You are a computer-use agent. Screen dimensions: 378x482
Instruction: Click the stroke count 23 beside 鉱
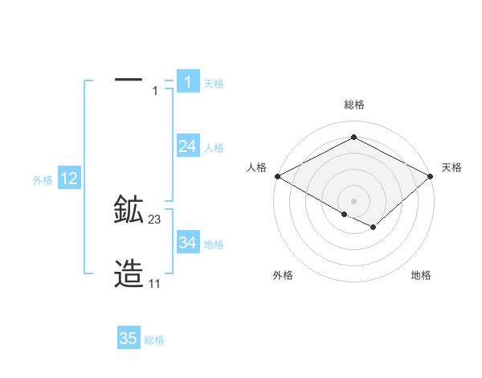tap(155, 219)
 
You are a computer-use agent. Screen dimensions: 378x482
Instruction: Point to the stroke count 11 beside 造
tap(155, 283)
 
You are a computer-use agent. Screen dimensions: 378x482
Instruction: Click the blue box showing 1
tap(187, 81)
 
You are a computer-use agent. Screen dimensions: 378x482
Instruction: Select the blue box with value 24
tap(187, 146)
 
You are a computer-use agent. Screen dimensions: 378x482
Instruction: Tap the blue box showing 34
tap(187, 242)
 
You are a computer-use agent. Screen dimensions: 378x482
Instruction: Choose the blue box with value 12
tap(68, 179)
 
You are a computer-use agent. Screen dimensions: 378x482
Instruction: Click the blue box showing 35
tap(129, 339)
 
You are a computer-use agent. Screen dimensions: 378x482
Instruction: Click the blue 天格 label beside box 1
tap(214, 83)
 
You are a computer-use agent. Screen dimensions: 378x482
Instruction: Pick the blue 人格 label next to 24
tap(214, 147)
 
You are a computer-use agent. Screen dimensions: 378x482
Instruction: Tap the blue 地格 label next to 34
tap(214, 244)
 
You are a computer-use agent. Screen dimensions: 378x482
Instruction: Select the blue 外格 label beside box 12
tap(43, 180)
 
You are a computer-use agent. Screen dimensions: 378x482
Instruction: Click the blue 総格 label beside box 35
tap(154, 340)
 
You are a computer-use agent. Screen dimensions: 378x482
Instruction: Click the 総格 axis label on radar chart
tap(353, 105)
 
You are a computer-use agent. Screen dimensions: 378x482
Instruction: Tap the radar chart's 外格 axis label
tap(283, 275)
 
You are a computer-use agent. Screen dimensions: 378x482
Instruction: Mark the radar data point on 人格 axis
tap(276, 176)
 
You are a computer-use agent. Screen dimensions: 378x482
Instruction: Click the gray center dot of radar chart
tap(353, 200)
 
